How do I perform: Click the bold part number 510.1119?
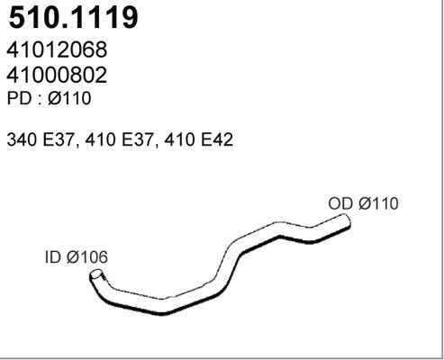point(73,17)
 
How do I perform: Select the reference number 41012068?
point(57,49)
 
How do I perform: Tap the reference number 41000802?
point(57,75)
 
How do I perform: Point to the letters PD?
point(19,98)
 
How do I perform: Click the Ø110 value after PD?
point(69,98)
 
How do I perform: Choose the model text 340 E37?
point(41,139)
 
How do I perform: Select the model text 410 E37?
point(119,139)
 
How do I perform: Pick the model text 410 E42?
point(198,139)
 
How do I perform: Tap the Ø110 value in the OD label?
point(378,203)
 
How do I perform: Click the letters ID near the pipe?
point(53,257)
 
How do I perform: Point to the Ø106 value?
point(87,257)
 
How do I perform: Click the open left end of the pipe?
point(96,274)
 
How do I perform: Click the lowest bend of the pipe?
point(162,307)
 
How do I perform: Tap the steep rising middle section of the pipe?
point(227,264)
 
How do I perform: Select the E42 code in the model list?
point(217,139)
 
